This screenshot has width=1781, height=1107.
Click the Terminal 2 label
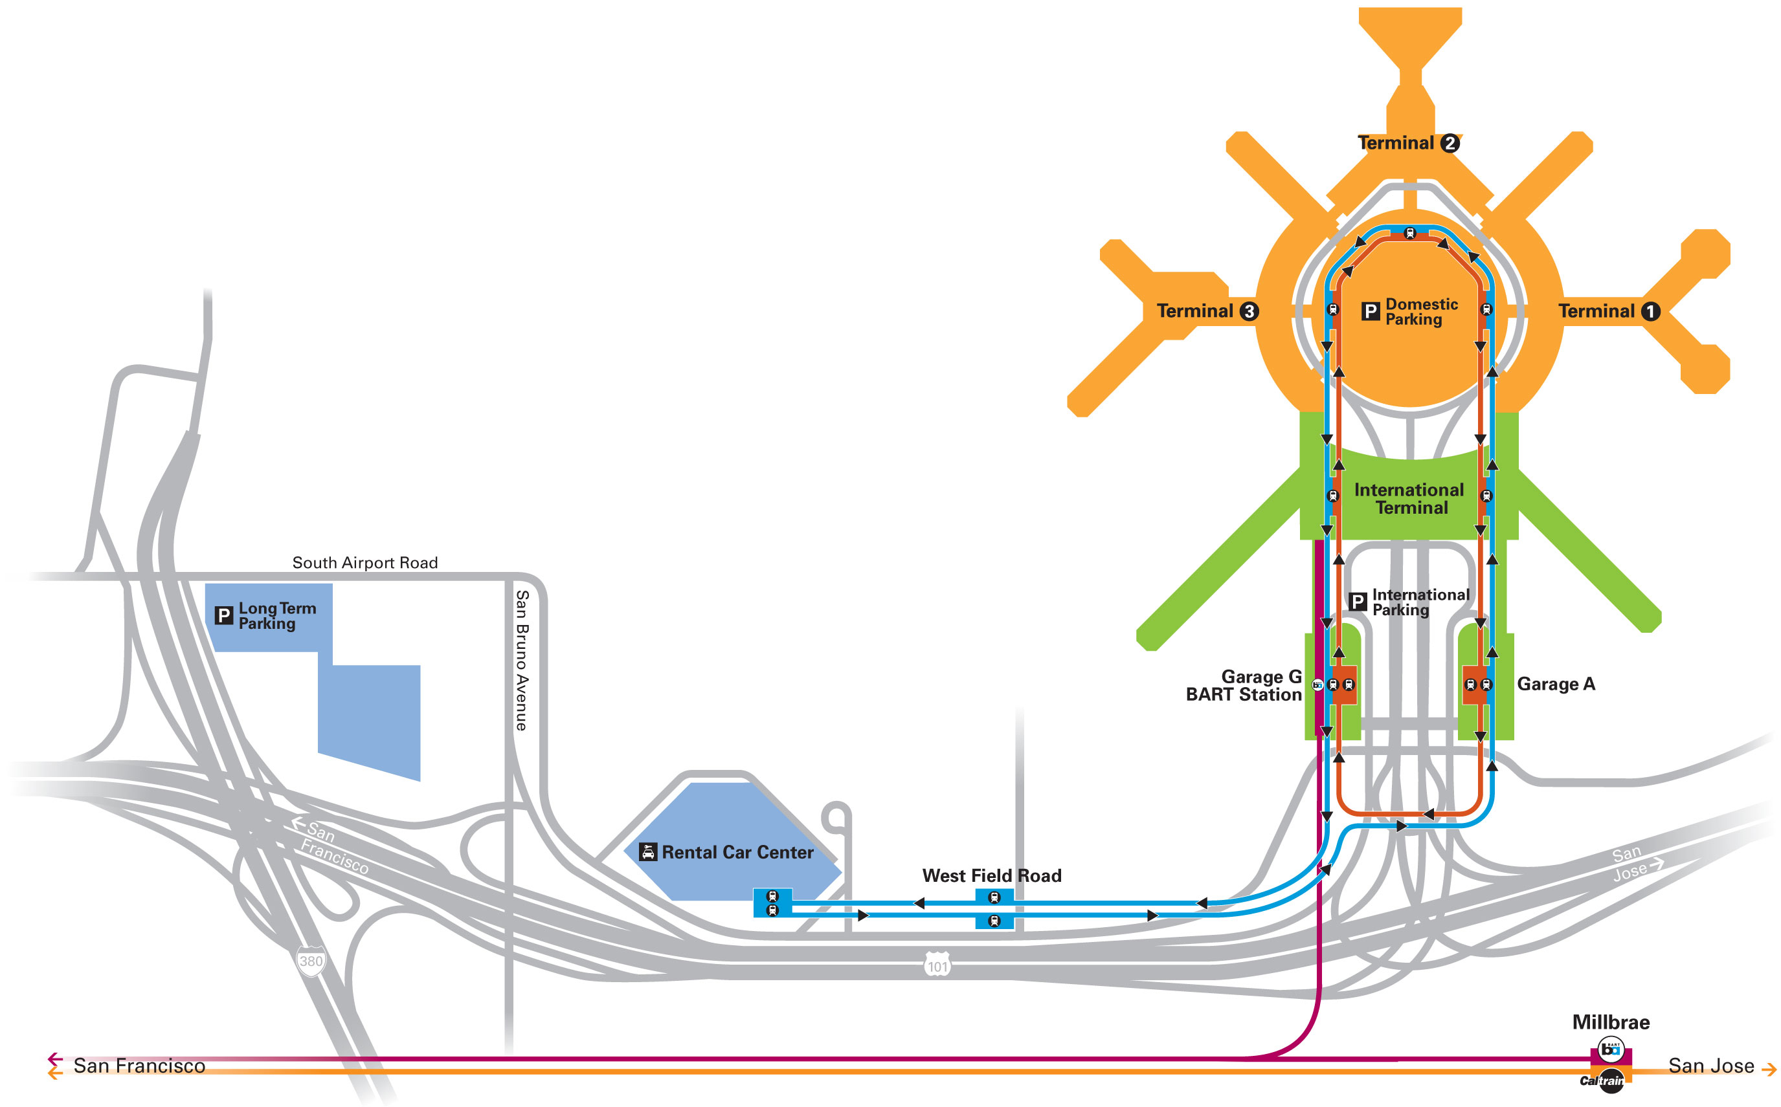(x=1407, y=143)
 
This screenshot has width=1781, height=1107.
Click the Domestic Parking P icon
(x=1369, y=312)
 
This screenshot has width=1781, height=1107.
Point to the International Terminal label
(x=1409, y=499)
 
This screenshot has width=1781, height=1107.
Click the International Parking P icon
(x=1357, y=602)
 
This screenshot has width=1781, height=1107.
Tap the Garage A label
(x=1555, y=684)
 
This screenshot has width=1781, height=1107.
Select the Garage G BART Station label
(x=1244, y=685)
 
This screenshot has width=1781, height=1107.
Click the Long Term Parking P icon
(x=223, y=616)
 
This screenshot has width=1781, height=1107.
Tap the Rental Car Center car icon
(x=647, y=852)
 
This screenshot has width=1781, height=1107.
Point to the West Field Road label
(x=991, y=875)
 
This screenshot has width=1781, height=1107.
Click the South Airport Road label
(x=365, y=562)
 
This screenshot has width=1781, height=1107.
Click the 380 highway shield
(x=311, y=961)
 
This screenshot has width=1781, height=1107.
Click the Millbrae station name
(x=1610, y=1022)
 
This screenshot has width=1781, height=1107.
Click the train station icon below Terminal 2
(x=1409, y=234)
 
